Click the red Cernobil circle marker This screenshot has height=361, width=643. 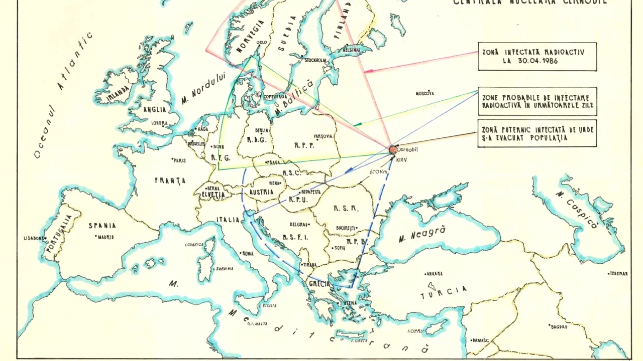[x=392, y=149]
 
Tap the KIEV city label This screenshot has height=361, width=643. [x=401, y=159]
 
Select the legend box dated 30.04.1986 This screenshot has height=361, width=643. [x=537, y=56]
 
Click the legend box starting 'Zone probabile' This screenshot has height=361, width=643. [x=537, y=101]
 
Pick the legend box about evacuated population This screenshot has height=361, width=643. [x=537, y=133]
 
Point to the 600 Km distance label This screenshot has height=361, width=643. [x=379, y=171]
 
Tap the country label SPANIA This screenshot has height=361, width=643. [x=102, y=226]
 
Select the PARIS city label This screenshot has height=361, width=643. [x=179, y=160]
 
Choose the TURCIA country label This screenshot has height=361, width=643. [x=444, y=292]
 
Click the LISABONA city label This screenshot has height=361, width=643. [x=34, y=238]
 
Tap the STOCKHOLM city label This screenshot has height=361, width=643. [x=315, y=60]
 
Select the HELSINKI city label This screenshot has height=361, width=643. [x=351, y=50]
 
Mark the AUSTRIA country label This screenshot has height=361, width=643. [x=261, y=193]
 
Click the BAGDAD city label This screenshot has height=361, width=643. [x=559, y=327]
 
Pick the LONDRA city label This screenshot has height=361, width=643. [x=159, y=123]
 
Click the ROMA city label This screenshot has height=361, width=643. [x=248, y=254]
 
